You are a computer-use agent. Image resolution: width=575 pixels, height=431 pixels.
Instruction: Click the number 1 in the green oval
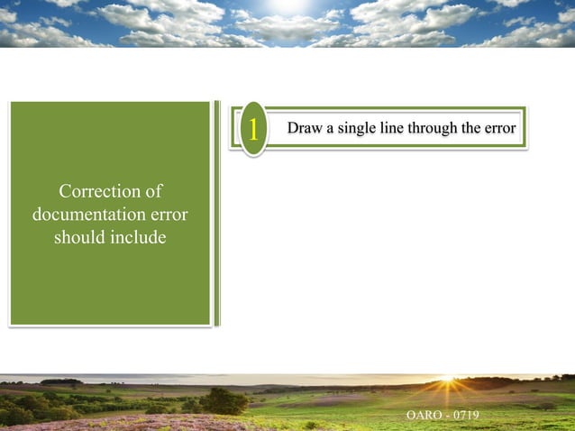[253, 130]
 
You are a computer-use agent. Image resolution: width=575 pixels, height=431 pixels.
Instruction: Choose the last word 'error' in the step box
[500, 128]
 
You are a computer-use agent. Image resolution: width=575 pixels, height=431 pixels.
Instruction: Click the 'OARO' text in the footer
[424, 415]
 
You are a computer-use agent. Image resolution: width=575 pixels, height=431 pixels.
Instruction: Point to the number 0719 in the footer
[466, 415]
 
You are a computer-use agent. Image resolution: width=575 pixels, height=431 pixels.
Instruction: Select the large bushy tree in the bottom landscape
[223, 400]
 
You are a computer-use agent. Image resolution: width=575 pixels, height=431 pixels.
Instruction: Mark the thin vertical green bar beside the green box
[216, 213]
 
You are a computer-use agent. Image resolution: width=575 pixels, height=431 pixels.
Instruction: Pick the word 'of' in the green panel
[154, 191]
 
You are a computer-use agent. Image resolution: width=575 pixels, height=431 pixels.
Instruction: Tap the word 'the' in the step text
[471, 128]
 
